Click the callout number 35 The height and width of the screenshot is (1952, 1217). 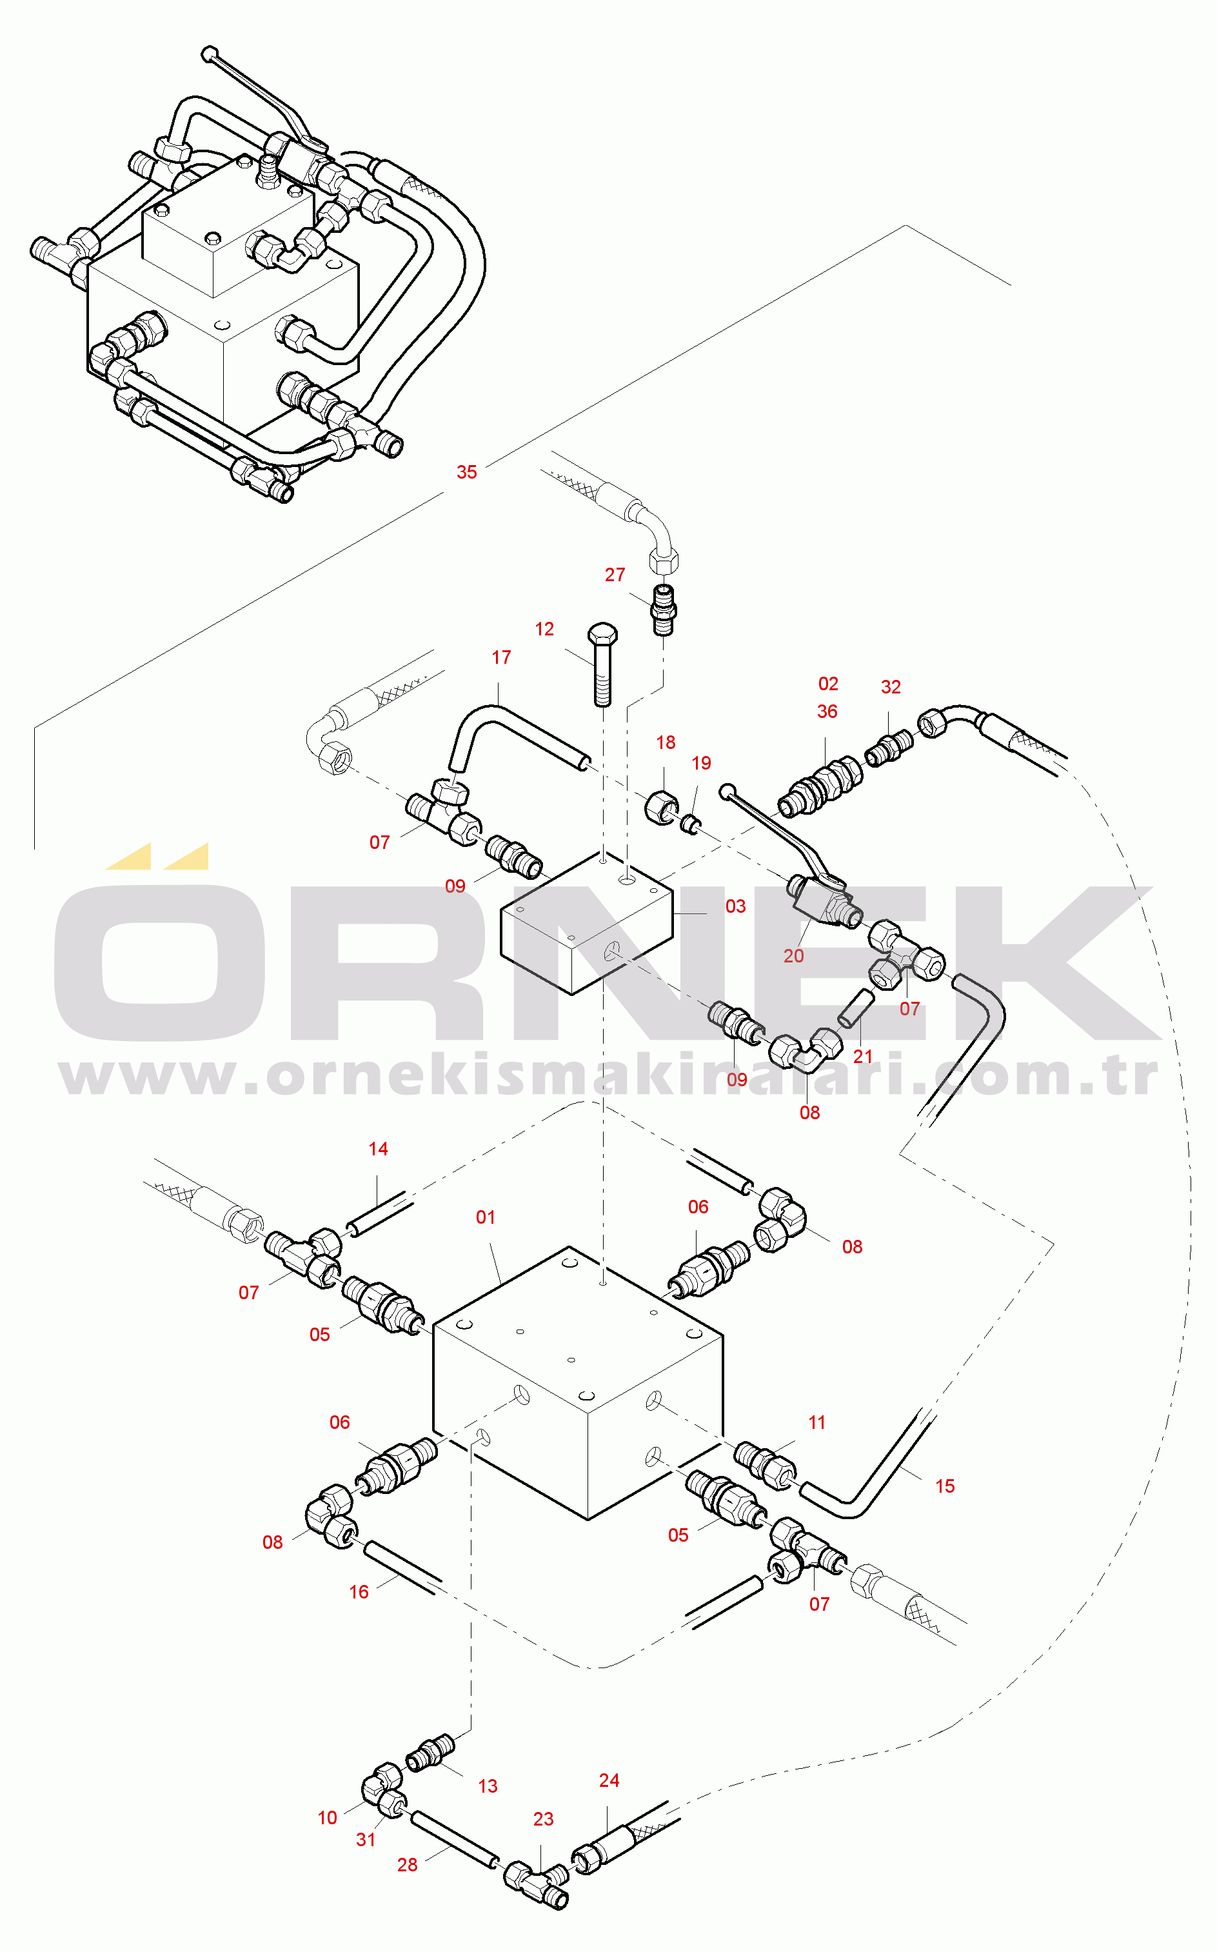(x=467, y=472)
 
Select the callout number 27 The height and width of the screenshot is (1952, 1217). (x=615, y=575)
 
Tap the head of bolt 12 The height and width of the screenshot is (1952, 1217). (x=603, y=633)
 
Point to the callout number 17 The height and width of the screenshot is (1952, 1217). (x=502, y=657)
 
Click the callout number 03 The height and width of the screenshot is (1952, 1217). (x=736, y=906)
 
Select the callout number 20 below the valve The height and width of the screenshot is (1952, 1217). (x=794, y=955)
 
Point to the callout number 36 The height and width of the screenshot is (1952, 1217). (x=827, y=712)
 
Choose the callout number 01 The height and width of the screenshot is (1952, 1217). (x=486, y=1217)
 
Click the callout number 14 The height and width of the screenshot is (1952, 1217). (x=379, y=1149)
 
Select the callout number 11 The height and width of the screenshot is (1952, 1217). (x=817, y=1422)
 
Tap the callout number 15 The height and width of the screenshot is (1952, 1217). (x=945, y=1486)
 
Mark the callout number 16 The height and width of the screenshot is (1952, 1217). (x=359, y=1591)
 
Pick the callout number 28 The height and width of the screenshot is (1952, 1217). (x=407, y=1865)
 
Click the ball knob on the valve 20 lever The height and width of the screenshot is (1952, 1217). (x=727, y=792)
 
